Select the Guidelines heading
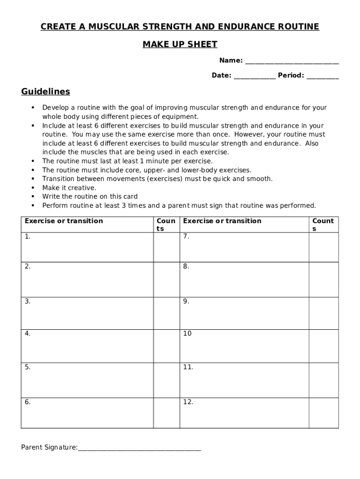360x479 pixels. pyautogui.click(x=45, y=91)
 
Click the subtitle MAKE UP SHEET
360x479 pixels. pyautogui.click(x=180, y=44)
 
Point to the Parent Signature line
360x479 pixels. pyautogui.click(x=139, y=449)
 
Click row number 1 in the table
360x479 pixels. pyautogui.click(x=28, y=236)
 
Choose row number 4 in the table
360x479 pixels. pyautogui.click(x=28, y=334)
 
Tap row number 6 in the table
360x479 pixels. pyautogui.click(x=28, y=402)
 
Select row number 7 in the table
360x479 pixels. pyautogui.click(x=186, y=236)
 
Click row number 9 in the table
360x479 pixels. pyautogui.click(x=186, y=301)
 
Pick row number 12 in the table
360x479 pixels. pyautogui.click(x=188, y=402)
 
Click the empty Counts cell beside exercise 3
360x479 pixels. pyautogui.click(x=166, y=313)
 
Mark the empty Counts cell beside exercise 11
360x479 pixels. pyautogui.click(x=324, y=380)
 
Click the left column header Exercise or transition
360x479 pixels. pyautogui.click(x=64, y=221)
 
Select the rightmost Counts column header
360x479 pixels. pyautogui.click(x=323, y=225)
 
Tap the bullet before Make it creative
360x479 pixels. pyautogui.click(x=33, y=188)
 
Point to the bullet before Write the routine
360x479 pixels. pyautogui.click(x=33, y=196)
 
